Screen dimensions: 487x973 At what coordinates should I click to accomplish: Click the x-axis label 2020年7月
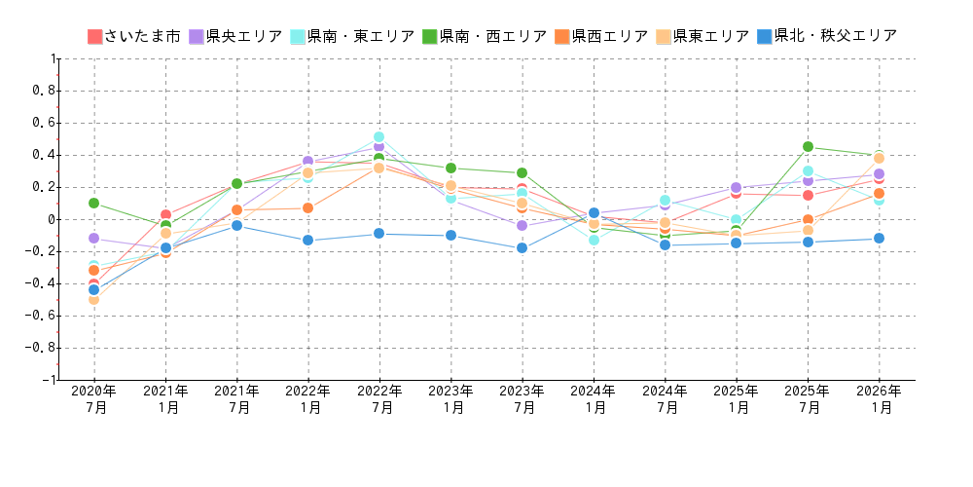(94, 399)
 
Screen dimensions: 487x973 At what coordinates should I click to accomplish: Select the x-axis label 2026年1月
(879, 399)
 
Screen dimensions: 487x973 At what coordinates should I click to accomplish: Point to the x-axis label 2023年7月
(523, 399)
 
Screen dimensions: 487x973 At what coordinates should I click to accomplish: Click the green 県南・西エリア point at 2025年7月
(808, 147)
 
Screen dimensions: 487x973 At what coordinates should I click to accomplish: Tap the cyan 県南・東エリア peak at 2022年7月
(378, 137)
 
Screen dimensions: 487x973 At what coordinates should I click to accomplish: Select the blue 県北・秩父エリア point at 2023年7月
(522, 248)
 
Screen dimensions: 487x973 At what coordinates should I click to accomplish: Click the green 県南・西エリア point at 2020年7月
(93, 203)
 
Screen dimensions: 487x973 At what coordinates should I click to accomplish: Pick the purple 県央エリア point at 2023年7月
(522, 226)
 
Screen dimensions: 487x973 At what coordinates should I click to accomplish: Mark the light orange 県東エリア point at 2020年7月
(93, 299)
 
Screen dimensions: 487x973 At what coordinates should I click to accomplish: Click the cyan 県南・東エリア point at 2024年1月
(594, 240)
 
